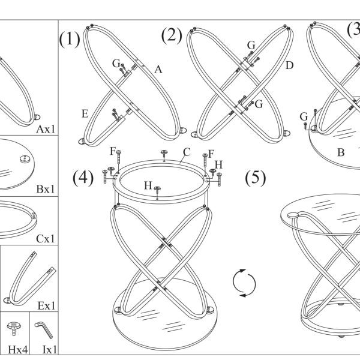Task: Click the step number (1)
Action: click(x=70, y=39)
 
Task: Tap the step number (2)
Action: click(x=172, y=36)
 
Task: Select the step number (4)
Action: click(x=83, y=178)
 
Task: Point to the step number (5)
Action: click(x=256, y=178)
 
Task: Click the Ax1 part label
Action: click(x=46, y=129)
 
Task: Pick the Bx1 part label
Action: click(x=46, y=189)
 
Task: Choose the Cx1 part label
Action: click(x=46, y=239)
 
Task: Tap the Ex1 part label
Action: click(x=46, y=306)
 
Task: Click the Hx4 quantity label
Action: click(x=17, y=350)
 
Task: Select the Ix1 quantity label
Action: click(x=50, y=350)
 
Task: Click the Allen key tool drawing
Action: click(x=44, y=330)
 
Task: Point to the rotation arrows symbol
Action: click(x=244, y=283)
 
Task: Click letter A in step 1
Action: click(x=158, y=69)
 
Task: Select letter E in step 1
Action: click(x=85, y=114)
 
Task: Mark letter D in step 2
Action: click(x=290, y=65)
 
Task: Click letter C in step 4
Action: click(x=187, y=152)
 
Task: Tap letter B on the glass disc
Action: click(x=341, y=152)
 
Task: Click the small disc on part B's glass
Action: click(x=25, y=159)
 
